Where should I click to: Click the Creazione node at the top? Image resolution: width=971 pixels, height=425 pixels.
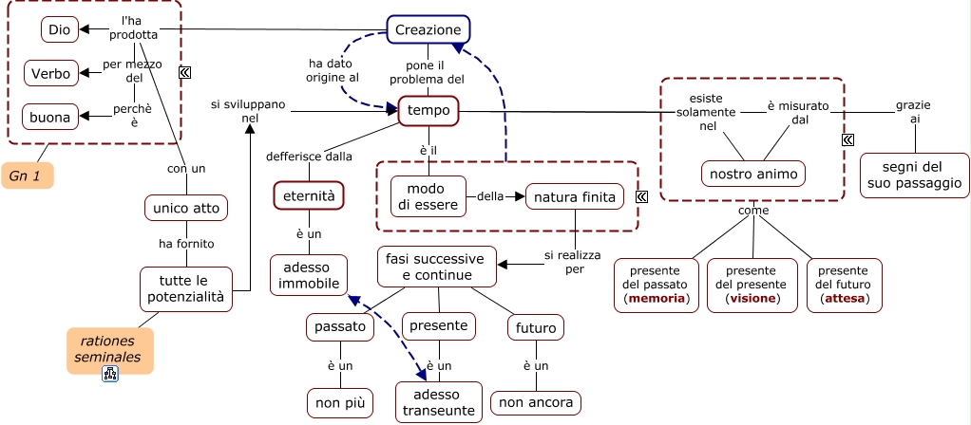click(x=428, y=30)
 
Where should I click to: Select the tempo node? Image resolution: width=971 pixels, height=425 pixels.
click(x=428, y=111)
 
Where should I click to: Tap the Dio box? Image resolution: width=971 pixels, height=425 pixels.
click(x=60, y=30)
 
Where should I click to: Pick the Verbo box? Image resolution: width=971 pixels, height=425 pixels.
click(x=49, y=73)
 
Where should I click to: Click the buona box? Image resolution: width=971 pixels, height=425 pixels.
click(x=49, y=118)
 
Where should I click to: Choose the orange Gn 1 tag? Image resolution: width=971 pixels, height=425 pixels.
click(x=27, y=176)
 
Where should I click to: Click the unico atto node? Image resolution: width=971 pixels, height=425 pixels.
click(x=186, y=207)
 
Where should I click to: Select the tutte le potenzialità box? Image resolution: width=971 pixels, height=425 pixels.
click(x=186, y=288)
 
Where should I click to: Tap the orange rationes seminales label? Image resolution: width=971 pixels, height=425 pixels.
click(x=109, y=349)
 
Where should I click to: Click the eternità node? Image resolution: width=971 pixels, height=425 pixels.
click(x=308, y=195)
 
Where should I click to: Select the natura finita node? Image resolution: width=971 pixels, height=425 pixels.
click(x=575, y=197)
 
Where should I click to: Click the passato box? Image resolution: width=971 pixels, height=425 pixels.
click(x=340, y=327)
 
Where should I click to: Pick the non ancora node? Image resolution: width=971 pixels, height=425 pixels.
click(x=536, y=403)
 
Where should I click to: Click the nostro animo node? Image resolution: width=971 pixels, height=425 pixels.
click(x=753, y=175)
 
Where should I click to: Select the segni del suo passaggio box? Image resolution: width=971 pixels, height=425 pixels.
click(x=914, y=175)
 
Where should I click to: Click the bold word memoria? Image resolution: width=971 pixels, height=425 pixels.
click(x=657, y=299)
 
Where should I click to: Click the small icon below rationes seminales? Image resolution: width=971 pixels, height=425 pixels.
click(x=110, y=375)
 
